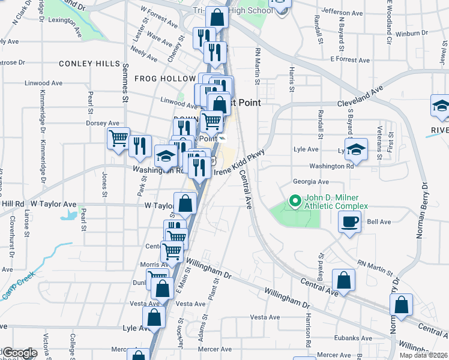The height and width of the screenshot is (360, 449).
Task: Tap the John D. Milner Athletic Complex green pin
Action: (x=294, y=201)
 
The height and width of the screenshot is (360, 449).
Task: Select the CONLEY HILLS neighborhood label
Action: (x=89, y=64)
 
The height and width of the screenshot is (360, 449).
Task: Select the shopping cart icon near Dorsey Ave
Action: (x=118, y=139)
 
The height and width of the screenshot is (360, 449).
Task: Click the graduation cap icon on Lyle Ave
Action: (x=357, y=150)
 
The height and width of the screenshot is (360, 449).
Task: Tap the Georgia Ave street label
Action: (x=310, y=181)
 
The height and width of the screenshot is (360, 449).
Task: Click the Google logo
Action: (x=19, y=353)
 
